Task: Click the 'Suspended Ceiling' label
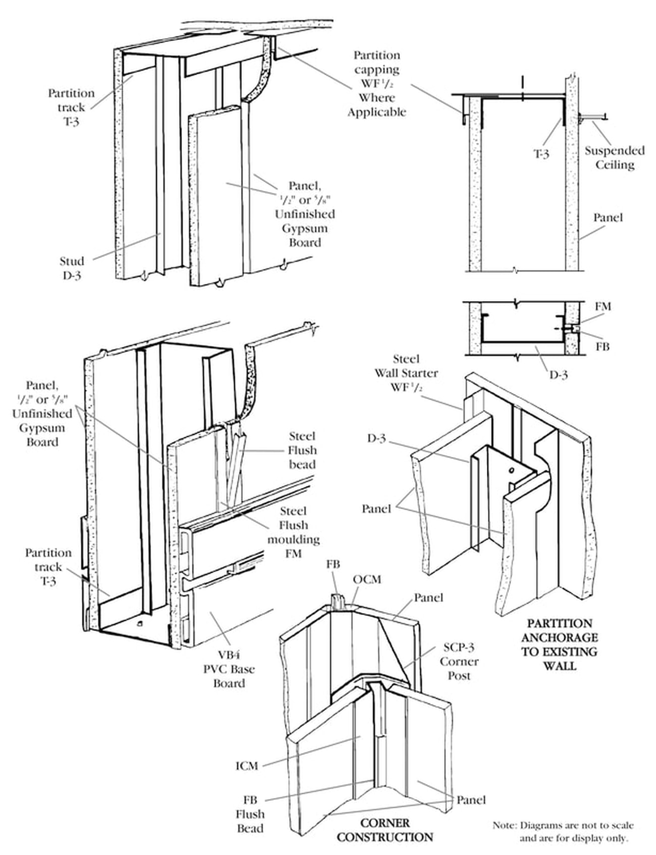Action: point(614,158)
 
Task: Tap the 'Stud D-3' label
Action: point(72,268)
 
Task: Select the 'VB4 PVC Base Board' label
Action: point(229,669)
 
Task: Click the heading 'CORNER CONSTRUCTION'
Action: point(384,830)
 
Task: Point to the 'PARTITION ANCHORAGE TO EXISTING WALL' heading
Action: point(559,644)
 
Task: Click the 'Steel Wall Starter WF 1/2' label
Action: point(406,373)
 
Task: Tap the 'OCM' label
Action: point(367,579)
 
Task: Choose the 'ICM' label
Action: point(247,766)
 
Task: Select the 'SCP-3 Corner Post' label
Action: point(459,661)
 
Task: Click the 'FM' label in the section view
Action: point(602,307)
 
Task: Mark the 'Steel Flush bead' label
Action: point(302,450)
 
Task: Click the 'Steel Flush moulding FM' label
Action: point(293,532)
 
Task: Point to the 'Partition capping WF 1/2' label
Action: point(376,83)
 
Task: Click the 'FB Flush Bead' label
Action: point(250,814)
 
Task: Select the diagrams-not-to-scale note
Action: point(563,832)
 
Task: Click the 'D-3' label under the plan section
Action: point(558,375)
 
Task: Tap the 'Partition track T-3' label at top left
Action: point(71,107)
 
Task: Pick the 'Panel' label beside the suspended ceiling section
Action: point(608,218)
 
